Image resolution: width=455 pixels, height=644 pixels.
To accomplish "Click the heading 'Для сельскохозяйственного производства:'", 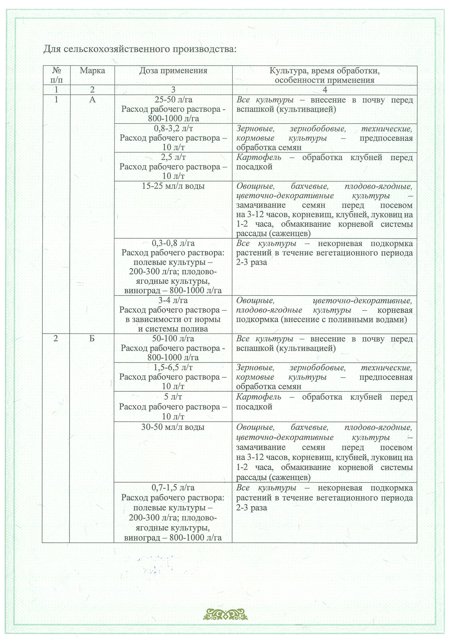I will point(140,49).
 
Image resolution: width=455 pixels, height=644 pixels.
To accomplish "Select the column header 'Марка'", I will point(92,71).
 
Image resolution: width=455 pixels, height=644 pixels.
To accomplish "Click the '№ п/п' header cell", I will point(56,75).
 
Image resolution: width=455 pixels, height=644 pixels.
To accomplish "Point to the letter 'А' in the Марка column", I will point(92,100).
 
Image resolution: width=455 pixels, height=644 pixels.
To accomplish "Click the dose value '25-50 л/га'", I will point(173,100).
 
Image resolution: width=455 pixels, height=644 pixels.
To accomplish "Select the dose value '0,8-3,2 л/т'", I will point(173,129).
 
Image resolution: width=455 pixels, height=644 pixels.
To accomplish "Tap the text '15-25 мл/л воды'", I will point(173,186).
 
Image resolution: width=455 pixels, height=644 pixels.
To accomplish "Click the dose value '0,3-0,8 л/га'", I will point(173,243).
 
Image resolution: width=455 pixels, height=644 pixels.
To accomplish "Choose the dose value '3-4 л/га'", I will point(173,301).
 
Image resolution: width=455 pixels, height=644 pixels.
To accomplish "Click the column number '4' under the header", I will point(325,90).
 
